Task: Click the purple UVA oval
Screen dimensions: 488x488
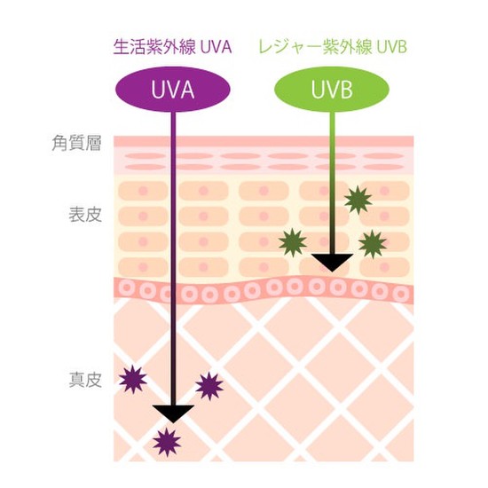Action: coord(173,90)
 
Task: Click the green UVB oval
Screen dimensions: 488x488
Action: coord(332,90)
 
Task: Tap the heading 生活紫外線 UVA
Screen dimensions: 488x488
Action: coord(173,47)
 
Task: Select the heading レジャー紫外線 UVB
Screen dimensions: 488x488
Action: coord(333,47)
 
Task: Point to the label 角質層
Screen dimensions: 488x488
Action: coord(76,143)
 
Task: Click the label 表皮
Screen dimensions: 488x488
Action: coord(85,215)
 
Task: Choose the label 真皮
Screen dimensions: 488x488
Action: coord(85,380)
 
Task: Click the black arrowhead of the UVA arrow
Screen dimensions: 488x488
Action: coord(173,413)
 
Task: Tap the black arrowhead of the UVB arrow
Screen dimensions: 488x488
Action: coord(332,262)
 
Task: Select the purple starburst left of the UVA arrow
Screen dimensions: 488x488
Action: coord(133,379)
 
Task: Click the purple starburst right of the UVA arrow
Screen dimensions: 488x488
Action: coord(209,386)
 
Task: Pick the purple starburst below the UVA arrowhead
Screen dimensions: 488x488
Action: coord(167,442)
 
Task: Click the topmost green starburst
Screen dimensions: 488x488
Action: coord(358,200)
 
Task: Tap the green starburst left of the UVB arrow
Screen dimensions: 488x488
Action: coord(293,242)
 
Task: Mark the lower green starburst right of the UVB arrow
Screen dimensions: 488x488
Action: coord(373,244)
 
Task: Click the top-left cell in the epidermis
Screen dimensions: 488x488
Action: coord(143,191)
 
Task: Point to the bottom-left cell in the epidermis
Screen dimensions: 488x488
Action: coord(143,267)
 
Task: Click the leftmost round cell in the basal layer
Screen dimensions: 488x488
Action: coord(125,287)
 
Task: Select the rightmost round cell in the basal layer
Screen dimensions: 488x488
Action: coord(401,294)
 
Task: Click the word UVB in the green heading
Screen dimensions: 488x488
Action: coord(392,47)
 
